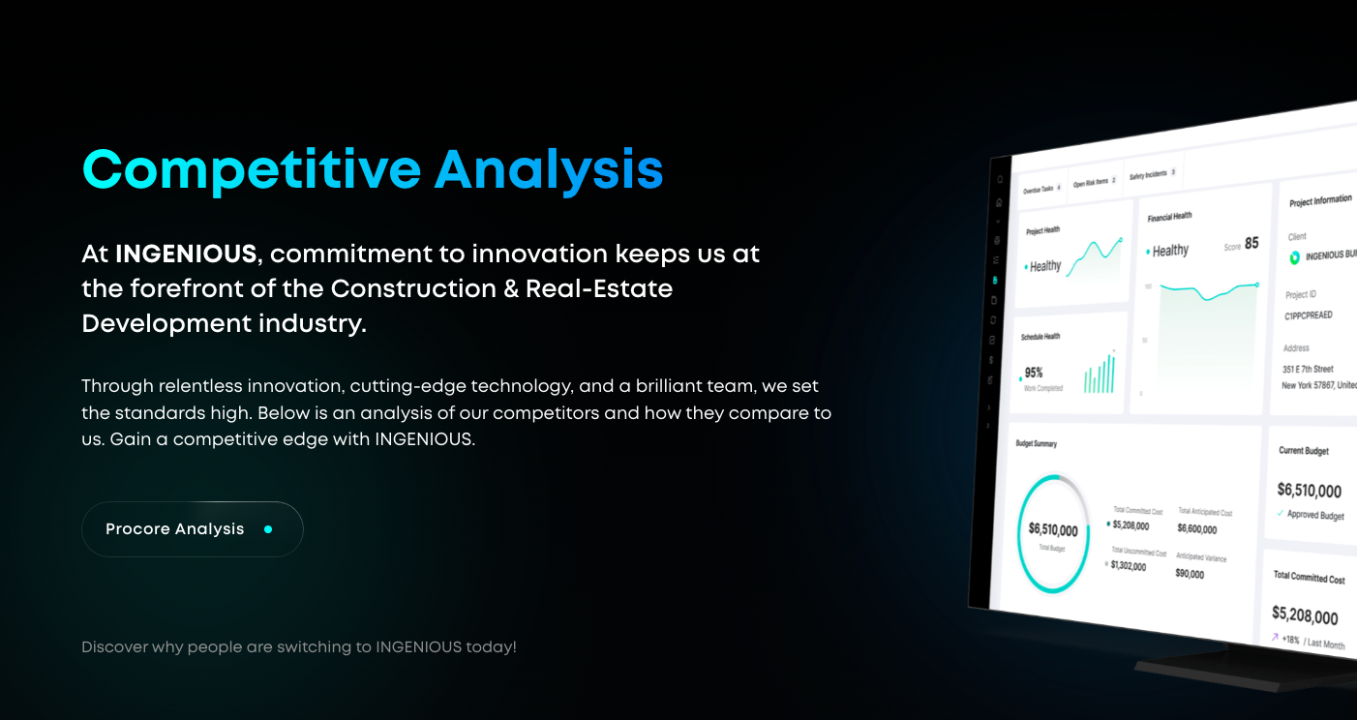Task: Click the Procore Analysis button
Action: [x=192, y=529]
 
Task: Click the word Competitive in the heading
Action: [x=252, y=169]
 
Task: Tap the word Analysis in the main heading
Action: [x=548, y=169]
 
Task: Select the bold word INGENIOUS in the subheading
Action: [x=186, y=255]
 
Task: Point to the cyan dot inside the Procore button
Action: [x=268, y=529]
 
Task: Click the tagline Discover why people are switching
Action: [x=298, y=646]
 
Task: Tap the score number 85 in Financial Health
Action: [x=1251, y=244]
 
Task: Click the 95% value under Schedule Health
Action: [x=1034, y=373]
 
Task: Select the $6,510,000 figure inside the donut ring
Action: [x=1053, y=530]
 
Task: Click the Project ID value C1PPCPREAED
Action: [x=1309, y=315]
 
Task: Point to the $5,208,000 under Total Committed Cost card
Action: [x=1305, y=615]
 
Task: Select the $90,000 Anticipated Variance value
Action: [x=1190, y=574]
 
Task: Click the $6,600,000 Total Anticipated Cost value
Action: [x=1197, y=528]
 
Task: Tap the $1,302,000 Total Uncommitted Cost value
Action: [x=1129, y=566]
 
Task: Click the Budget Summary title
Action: [x=1036, y=444]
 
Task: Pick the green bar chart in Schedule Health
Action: [x=1100, y=374]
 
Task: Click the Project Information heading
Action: [x=1320, y=200]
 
